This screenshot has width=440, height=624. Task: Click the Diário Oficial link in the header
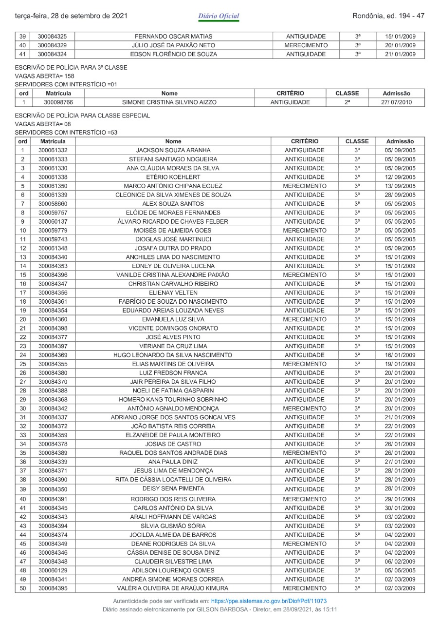219,16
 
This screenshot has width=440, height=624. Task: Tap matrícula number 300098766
58,102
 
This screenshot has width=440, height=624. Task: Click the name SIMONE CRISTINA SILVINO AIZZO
169,102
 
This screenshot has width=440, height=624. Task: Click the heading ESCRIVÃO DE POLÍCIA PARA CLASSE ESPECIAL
83,116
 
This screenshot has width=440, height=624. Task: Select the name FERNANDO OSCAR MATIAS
173,37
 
